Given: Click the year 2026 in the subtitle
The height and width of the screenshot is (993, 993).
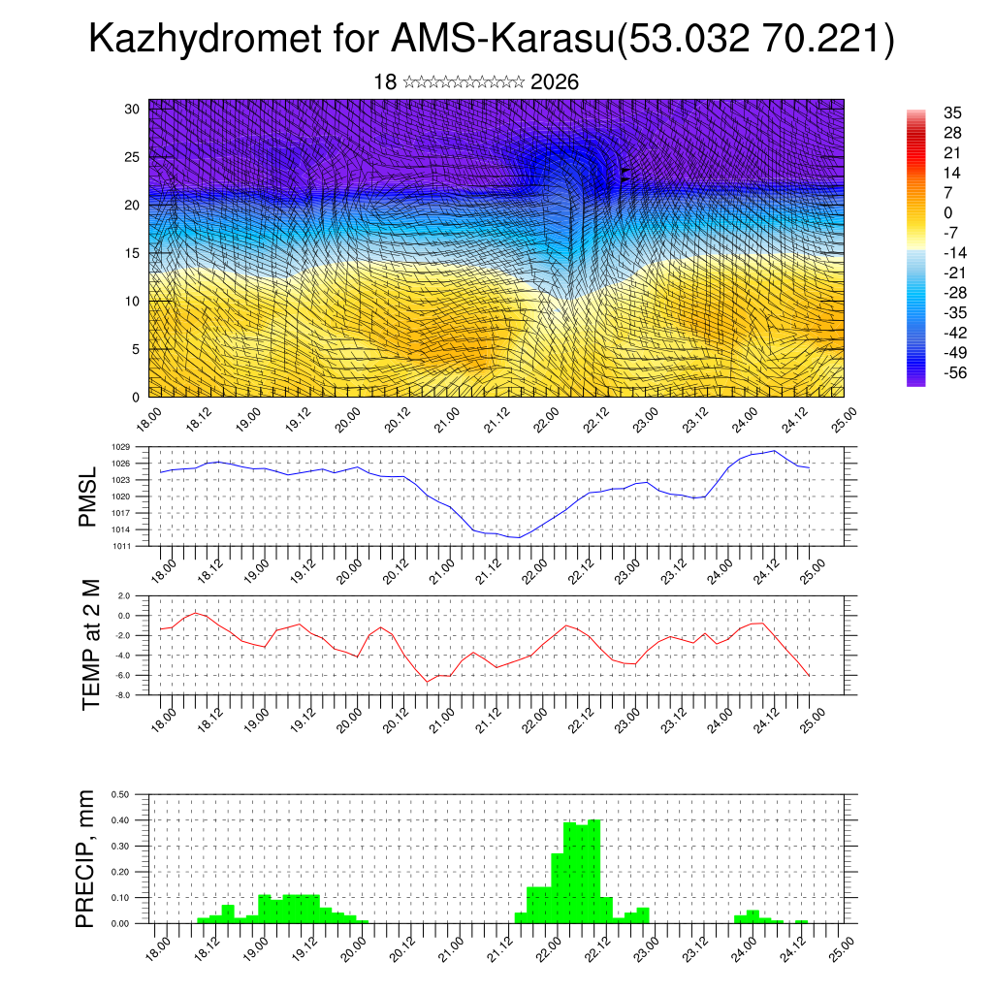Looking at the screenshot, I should (555, 82).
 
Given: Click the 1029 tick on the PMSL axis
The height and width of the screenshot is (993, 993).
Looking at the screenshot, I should (120, 447).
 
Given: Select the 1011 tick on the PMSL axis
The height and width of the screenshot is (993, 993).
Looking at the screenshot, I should (120, 546).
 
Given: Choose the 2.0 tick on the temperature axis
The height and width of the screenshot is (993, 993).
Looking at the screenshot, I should (123, 595).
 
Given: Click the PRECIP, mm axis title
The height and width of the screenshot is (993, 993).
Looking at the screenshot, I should (88, 859).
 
